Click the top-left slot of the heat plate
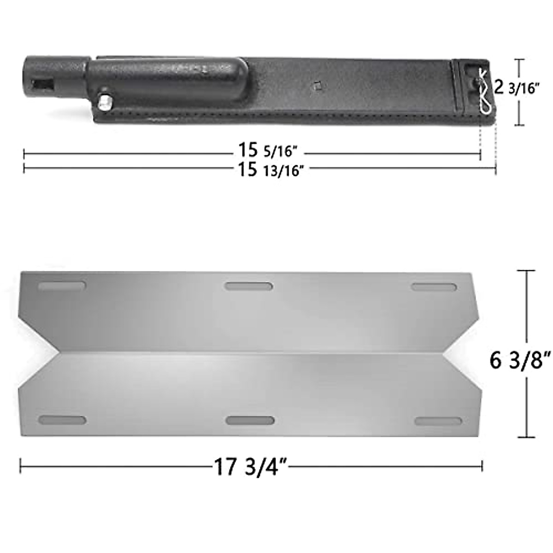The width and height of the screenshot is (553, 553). click(62, 286)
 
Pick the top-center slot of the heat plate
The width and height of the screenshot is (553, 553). click(249, 287)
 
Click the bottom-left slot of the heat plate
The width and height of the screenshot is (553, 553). click(62, 421)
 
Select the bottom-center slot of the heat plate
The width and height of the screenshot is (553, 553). click(250, 421)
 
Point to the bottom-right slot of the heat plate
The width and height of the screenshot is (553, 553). click(438, 421)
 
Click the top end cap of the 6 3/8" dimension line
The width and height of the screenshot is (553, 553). click(527, 271)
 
